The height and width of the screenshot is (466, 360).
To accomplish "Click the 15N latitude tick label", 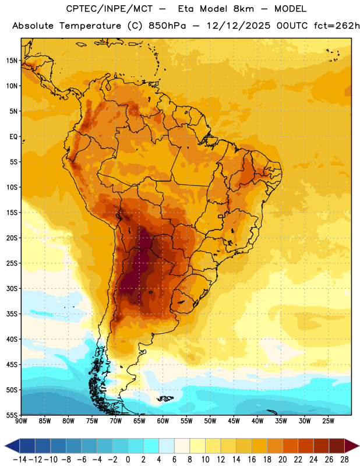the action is click(x=12, y=61).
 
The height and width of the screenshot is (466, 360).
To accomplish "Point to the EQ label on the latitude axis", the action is click(x=13, y=137).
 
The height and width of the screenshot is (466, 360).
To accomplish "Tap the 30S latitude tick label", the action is click(x=12, y=288).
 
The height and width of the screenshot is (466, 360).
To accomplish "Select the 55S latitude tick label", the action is click(x=12, y=415).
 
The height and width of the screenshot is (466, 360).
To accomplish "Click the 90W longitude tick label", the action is click(x=21, y=421).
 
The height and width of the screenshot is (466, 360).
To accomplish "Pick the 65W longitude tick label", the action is click(x=139, y=421).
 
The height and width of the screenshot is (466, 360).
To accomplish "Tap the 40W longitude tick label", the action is click(x=257, y=421).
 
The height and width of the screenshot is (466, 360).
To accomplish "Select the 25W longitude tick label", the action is click(x=328, y=421).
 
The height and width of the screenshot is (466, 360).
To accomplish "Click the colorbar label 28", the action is click(x=344, y=460).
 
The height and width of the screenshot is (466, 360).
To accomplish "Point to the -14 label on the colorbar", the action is click(x=20, y=460).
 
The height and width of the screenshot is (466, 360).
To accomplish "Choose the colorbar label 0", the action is click(x=128, y=460).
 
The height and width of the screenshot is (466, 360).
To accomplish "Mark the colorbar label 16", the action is click(x=252, y=460).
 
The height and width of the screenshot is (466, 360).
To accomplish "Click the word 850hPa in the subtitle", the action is click(x=167, y=26).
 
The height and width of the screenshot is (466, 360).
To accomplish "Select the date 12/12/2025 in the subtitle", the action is click(x=238, y=26).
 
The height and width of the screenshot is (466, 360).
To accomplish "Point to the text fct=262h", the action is click(x=337, y=26).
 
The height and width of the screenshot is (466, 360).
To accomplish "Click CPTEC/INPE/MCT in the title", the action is click(x=110, y=9).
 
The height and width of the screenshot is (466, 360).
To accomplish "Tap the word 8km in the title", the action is click(x=243, y=9).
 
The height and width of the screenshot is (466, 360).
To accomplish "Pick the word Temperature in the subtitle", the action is click(x=90, y=26).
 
